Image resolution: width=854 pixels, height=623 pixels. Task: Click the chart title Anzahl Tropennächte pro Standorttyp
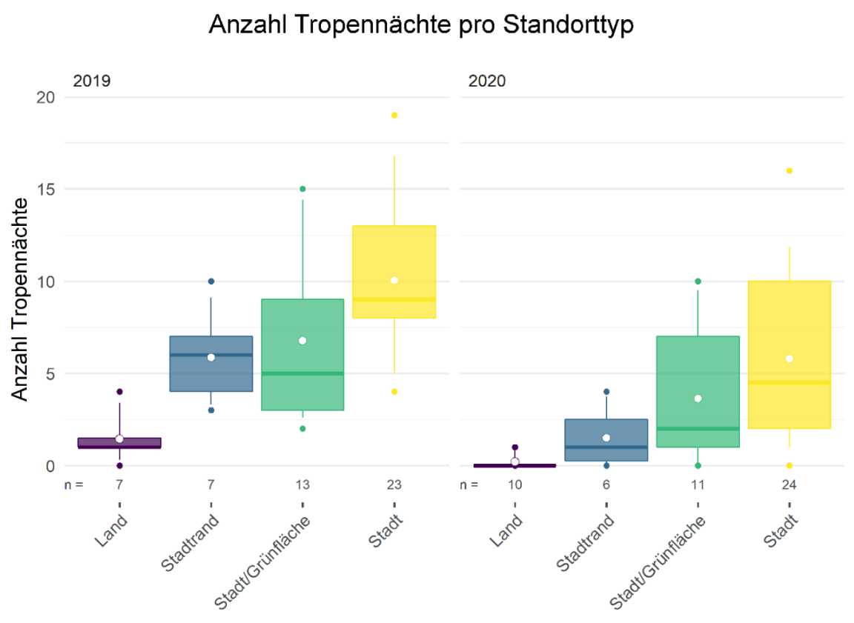point(422,25)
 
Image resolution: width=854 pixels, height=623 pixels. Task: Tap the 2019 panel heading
point(91,81)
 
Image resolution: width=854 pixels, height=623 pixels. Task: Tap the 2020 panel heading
point(487,81)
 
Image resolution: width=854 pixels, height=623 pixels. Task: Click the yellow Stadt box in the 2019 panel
point(394,271)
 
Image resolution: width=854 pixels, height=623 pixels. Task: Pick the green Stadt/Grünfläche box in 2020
point(698,391)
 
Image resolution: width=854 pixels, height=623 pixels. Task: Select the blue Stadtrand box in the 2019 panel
point(211,364)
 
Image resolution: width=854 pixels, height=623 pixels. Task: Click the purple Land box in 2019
point(119,443)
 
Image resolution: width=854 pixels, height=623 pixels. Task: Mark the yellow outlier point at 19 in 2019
point(394,115)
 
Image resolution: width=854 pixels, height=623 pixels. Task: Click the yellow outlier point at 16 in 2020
point(790,170)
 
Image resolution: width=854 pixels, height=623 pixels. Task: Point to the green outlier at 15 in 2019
point(302,189)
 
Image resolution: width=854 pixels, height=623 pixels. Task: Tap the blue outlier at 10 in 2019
point(211,281)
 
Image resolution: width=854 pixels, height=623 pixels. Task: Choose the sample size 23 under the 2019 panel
point(394,485)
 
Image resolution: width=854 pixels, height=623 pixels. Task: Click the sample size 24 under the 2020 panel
point(790,485)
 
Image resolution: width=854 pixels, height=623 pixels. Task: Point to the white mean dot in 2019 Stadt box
point(394,280)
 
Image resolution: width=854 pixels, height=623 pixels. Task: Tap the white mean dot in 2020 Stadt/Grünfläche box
point(698,399)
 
